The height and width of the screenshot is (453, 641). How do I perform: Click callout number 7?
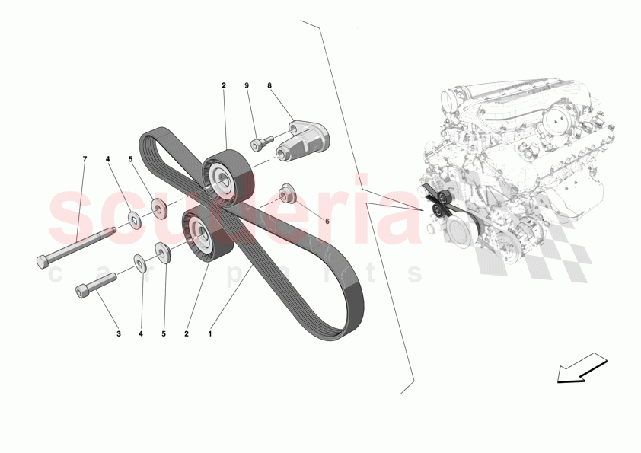pos(85,159)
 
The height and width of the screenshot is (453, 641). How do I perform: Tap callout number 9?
pos(247,87)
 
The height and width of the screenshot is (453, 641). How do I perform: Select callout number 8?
pos(269,87)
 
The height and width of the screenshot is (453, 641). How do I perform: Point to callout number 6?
pos(327,221)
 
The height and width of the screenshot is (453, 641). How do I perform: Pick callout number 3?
pos(118,333)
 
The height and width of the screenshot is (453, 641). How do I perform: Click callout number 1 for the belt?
pos(211,333)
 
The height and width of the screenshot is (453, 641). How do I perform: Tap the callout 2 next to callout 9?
pos(224,87)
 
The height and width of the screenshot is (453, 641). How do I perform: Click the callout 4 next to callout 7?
pos(107,159)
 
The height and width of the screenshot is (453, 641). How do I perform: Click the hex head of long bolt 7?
pos(43,262)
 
